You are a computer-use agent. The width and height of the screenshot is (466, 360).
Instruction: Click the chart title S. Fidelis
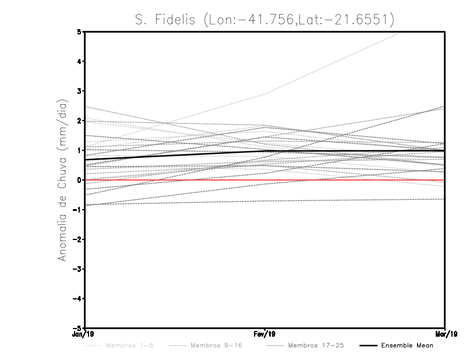click(264, 20)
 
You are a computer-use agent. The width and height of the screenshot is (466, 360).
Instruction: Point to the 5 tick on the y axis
click(79, 32)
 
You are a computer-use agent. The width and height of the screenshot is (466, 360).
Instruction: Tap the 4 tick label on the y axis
click(79, 62)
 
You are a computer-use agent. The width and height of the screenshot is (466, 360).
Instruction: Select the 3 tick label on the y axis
click(79, 91)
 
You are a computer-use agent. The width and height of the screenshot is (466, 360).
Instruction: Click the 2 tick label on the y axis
click(79, 121)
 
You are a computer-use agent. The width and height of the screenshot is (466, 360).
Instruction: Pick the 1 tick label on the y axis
click(79, 150)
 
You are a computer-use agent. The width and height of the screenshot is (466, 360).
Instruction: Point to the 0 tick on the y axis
click(79, 180)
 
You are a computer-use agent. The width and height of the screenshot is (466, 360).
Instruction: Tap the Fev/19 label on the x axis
click(265, 334)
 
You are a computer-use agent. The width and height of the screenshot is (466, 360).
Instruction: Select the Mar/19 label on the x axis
click(444, 334)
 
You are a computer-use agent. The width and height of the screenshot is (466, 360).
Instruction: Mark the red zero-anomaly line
click(349, 180)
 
